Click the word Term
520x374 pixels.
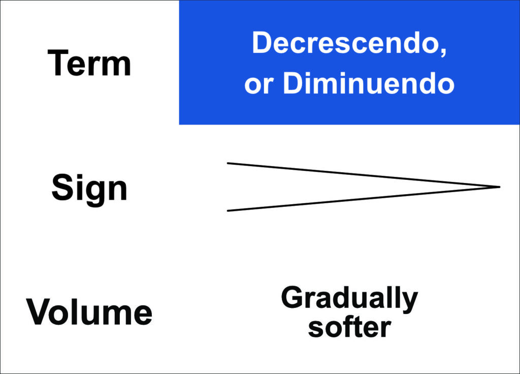click(89, 63)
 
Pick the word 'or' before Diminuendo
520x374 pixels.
click(259, 85)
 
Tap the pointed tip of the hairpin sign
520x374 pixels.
click(500, 187)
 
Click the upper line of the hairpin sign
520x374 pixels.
click(364, 175)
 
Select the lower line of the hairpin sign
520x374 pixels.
click(364, 199)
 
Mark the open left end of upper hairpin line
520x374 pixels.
click(228, 163)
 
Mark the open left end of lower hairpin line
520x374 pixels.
click(228, 211)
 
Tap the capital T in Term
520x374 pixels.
click(58, 63)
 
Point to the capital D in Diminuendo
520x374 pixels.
click(294, 83)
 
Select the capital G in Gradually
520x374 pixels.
click(293, 297)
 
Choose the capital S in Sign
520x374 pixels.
click(62, 187)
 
